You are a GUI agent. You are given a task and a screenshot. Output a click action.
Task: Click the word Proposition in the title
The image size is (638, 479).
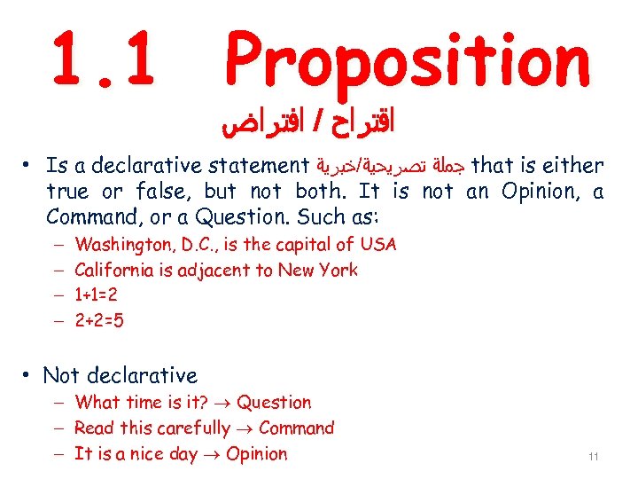pos(407,59)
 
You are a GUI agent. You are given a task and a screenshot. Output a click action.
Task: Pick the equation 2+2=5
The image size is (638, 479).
pos(99,320)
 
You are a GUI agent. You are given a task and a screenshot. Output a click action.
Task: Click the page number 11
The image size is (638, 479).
pos(594,457)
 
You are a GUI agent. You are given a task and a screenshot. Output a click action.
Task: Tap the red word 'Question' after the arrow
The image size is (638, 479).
pos(274,403)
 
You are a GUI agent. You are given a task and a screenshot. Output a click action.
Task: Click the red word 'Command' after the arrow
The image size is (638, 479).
pos(296,428)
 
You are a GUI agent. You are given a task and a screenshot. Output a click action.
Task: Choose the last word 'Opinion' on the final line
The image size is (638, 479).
pos(257,454)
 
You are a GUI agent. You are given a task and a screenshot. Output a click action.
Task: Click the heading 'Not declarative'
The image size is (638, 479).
pos(120,376)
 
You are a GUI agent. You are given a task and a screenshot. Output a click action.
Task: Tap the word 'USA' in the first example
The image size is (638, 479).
pos(378,244)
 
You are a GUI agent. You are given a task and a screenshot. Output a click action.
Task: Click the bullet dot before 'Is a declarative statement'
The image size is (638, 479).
pos(29,166)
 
